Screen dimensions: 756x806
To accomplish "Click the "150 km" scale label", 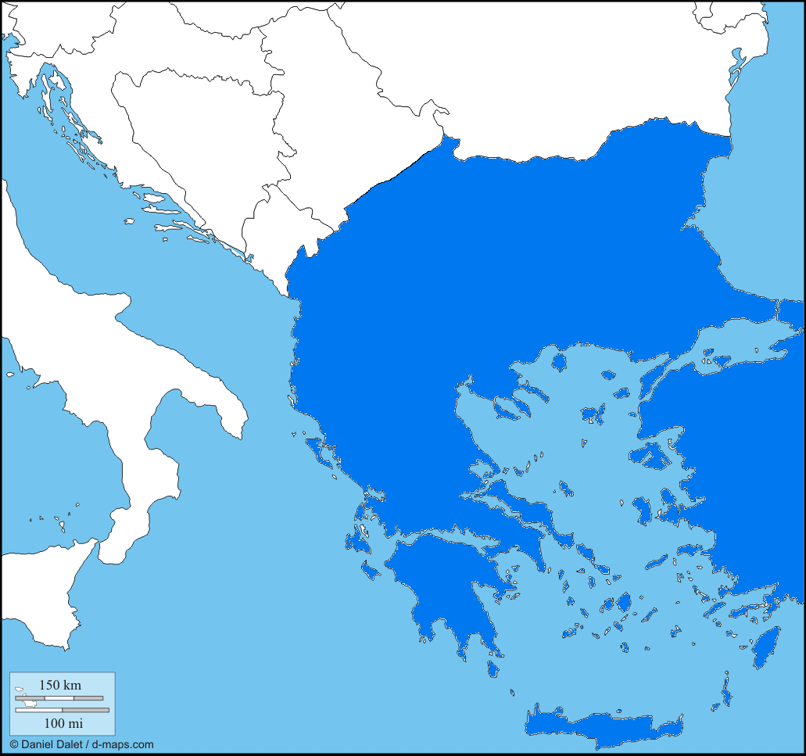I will click(x=59, y=685).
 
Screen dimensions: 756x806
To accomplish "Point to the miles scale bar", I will click(x=63, y=710).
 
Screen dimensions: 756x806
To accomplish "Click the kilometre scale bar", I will click(x=59, y=697).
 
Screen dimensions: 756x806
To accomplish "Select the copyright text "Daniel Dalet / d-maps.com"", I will click(x=81, y=744).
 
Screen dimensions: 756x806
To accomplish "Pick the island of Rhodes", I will click(x=765, y=647).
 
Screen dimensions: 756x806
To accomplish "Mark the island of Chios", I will click(x=643, y=510).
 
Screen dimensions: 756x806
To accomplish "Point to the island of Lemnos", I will click(x=593, y=412).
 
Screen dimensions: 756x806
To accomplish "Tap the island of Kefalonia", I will click(x=360, y=539).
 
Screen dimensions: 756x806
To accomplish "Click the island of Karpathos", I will click(x=726, y=693).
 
